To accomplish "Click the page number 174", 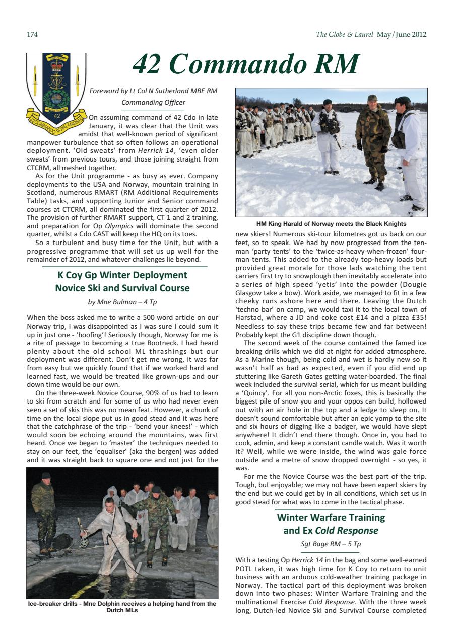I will click(x=32, y=35).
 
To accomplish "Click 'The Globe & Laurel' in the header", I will click(x=344, y=35).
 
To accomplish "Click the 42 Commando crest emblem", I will click(x=56, y=89).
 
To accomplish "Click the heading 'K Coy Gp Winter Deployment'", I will click(x=122, y=275).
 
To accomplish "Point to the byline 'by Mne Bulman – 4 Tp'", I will click(x=122, y=302).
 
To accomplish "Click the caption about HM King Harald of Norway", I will click(x=331, y=224).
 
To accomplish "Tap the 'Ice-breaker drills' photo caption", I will click(x=122, y=607).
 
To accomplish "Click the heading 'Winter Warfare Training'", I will click(x=331, y=517).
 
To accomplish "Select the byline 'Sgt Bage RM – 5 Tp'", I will click(x=331, y=544).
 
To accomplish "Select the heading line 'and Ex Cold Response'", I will click(x=331, y=531).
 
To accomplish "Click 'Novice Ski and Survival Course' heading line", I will click(x=122, y=288).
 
